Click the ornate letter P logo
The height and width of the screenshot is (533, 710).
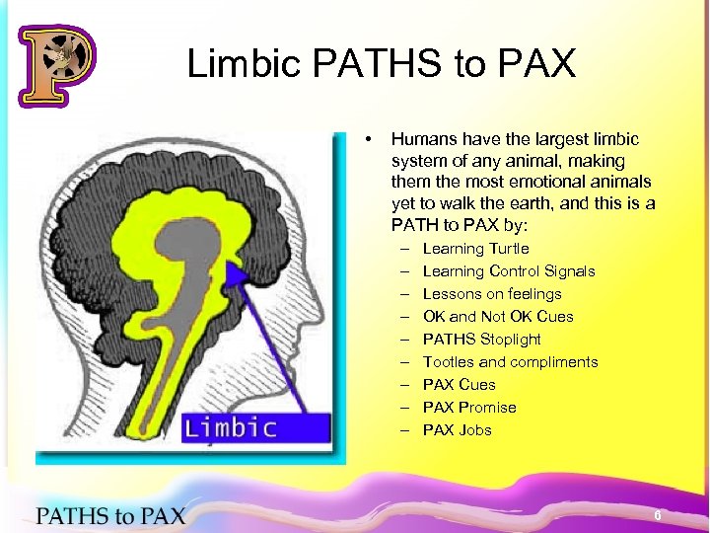click(57, 64)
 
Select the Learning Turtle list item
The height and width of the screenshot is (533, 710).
click(475, 249)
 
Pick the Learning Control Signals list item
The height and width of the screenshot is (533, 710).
click(509, 271)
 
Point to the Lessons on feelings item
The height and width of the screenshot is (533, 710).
click(492, 294)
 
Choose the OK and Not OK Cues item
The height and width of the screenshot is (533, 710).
click(498, 317)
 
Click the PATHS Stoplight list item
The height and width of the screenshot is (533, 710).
click(482, 340)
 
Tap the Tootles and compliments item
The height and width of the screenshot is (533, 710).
click(510, 362)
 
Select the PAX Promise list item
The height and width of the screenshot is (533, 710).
click(469, 408)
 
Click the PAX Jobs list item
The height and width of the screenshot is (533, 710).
click(458, 430)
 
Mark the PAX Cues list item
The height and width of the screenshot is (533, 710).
click(460, 385)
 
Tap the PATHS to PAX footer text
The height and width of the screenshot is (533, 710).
click(110, 515)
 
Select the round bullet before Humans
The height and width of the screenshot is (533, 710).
click(367, 139)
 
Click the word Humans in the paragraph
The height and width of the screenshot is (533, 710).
click(422, 140)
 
